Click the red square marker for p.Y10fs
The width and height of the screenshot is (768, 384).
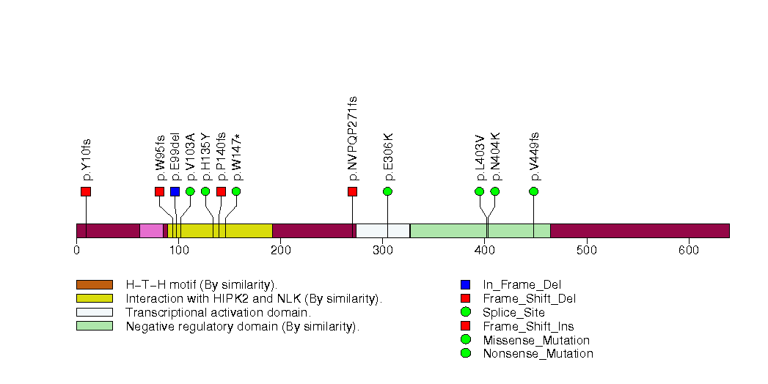86,191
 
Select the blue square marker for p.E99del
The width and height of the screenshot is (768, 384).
175,191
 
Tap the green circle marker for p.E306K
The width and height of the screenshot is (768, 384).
387,191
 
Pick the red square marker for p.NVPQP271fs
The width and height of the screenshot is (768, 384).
352,191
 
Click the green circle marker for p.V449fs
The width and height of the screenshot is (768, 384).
533,191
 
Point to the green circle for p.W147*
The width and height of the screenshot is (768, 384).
236,191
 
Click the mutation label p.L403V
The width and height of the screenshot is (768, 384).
480,157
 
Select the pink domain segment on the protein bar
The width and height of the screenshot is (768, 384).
151,230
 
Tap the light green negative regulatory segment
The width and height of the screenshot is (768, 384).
480,230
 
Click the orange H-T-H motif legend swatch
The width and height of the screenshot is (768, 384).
94,284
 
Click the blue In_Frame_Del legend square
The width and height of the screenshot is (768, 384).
465,284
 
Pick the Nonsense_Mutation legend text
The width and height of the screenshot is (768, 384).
538,354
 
